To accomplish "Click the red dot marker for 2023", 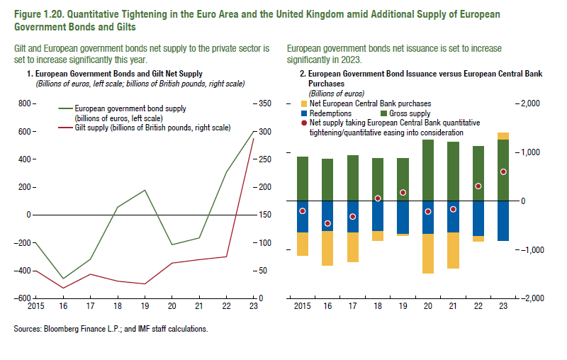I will (x=503, y=171).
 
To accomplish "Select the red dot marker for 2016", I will (x=327, y=223).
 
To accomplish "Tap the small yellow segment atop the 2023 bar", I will (x=503, y=136).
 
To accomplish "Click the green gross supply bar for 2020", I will (x=427, y=170).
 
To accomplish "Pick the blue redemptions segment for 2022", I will (x=478, y=218).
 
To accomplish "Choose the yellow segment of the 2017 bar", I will (x=352, y=247).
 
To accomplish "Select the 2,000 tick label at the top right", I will (x=534, y=103).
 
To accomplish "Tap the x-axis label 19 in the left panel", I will (x=144, y=307).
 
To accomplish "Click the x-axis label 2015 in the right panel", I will (x=302, y=307).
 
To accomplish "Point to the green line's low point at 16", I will (x=62, y=279).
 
